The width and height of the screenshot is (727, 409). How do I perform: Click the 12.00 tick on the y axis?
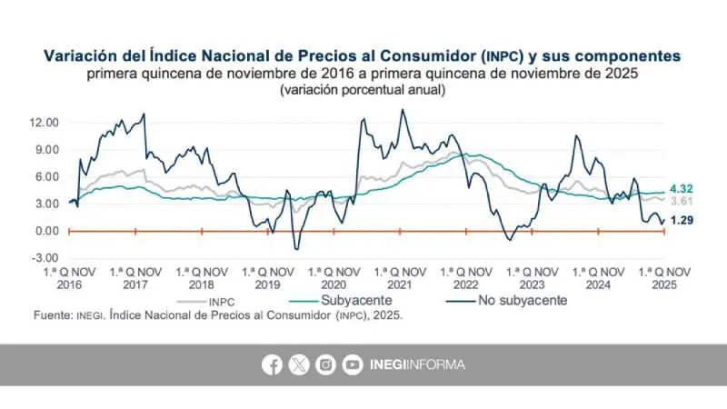45,123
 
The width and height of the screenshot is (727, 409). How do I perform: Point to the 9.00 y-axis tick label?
47,150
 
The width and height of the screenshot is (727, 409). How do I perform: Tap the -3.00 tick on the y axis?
45,258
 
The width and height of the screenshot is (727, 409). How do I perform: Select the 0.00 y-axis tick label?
47,231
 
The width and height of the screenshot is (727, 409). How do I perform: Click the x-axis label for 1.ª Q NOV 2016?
69,277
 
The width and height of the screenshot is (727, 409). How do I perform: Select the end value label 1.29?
683,221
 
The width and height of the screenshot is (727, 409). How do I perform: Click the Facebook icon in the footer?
272,364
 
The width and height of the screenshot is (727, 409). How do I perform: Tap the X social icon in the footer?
299,364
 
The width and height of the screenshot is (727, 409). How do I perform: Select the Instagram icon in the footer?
325,364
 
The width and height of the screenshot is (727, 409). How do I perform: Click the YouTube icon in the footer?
353,364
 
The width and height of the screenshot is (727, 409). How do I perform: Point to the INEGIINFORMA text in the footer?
417,364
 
